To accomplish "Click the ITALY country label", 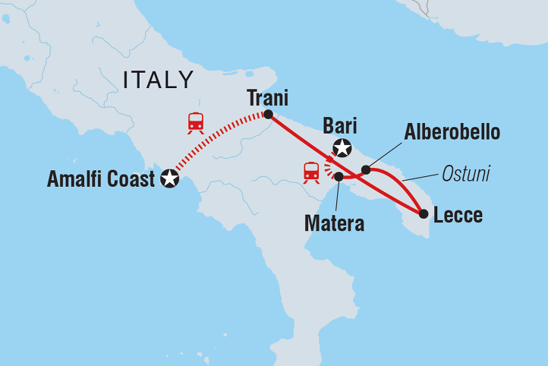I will pyautogui.click(x=159, y=79).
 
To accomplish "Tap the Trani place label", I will pyautogui.click(x=268, y=97).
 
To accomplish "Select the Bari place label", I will pyautogui.click(x=339, y=126).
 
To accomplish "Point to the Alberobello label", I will pyautogui.click(x=452, y=132).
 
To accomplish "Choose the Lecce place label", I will pyautogui.click(x=458, y=216).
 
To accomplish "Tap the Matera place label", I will pyautogui.click(x=334, y=223).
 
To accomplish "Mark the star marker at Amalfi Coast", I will pyautogui.click(x=169, y=179).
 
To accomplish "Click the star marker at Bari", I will pyautogui.click(x=342, y=148).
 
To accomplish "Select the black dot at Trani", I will pyautogui.click(x=268, y=115).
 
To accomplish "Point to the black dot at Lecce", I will pyautogui.click(x=424, y=213).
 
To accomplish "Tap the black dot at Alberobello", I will pyautogui.click(x=366, y=169).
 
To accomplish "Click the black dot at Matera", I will pyautogui.click(x=339, y=177).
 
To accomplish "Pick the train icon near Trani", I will pyautogui.click(x=197, y=122).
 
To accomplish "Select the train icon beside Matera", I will pyautogui.click(x=311, y=172).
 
